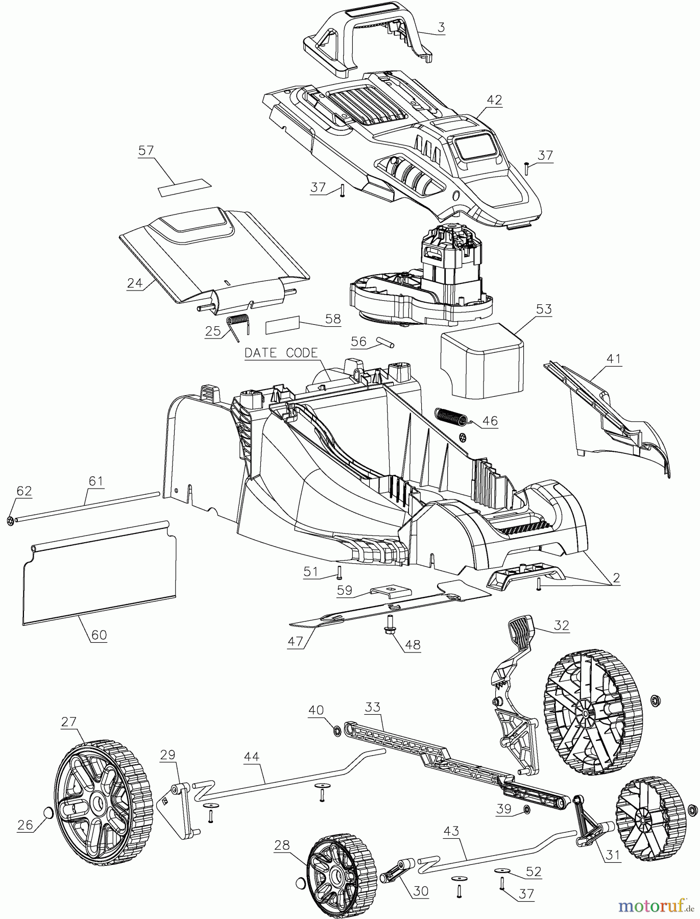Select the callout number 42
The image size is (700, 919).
(x=495, y=100)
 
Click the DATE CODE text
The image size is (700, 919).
(x=281, y=353)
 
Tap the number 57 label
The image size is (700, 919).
(x=147, y=151)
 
